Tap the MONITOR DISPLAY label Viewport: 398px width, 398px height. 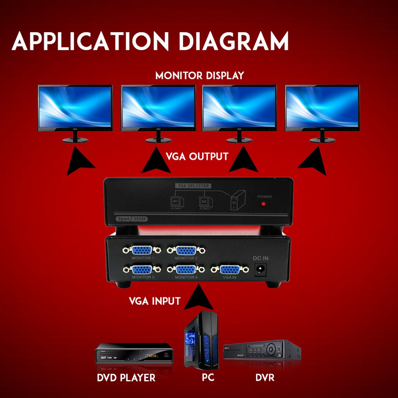click(199, 75)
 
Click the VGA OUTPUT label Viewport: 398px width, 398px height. click(197, 157)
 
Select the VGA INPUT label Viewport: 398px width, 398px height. click(154, 301)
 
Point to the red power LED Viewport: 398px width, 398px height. click(264, 204)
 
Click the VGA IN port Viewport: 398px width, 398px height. click(230, 269)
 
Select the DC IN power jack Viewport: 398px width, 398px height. click(261, 269)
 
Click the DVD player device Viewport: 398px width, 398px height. click(134, 353)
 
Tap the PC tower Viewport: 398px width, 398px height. click(201, 340)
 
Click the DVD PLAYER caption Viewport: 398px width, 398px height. click(126, 377)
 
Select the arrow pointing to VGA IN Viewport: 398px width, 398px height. click(199, 298)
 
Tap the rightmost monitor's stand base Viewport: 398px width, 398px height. click(322, 140)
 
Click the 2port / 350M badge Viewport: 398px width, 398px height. click(132, 219)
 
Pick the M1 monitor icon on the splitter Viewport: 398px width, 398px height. click(175, 202)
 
